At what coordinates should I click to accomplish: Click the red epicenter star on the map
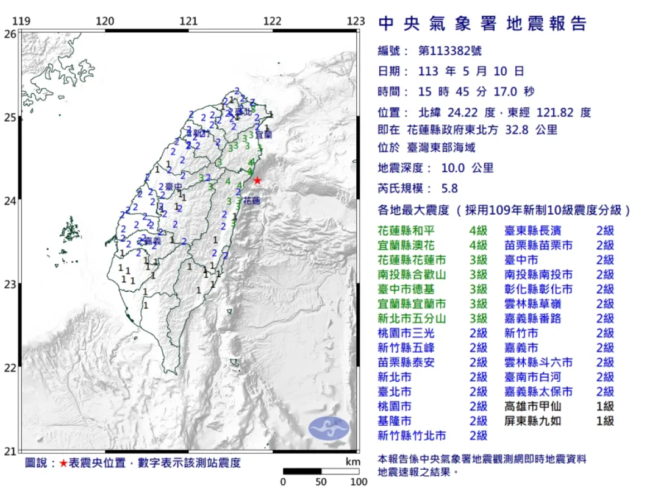click(257, 180)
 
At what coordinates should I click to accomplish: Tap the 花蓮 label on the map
click(251, 200)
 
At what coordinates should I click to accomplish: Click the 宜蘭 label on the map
click(263, 134)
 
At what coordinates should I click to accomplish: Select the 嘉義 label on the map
click(152, 241)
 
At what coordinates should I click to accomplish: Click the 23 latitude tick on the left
click(10, 284)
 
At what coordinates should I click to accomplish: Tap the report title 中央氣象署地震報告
click(482, 24)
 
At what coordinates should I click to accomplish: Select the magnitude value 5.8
click(450, 188)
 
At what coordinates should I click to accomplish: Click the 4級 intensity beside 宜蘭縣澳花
click(478, 245)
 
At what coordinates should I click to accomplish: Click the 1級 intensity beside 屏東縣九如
click(605, 421)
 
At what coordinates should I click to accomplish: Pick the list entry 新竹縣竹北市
click(412, 436)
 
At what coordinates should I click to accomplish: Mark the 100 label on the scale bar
click(359, 482)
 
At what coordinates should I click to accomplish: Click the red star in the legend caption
click(63, 464)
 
